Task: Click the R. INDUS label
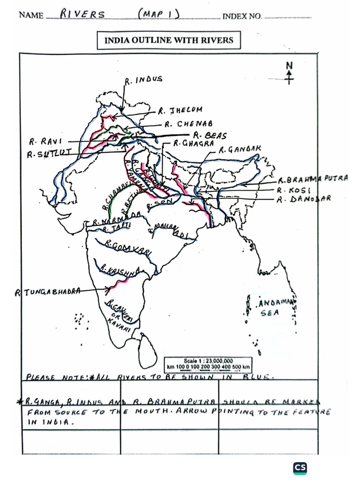pos(144,80)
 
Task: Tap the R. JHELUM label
pos(180,111)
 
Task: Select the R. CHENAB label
pos(188,124)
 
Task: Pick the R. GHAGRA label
pos(194,143)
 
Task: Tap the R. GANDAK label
pos(240,150)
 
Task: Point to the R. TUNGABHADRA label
pos(47,292)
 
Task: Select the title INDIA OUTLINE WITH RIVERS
pos(169,40)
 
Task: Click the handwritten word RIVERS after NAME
pos(83,15)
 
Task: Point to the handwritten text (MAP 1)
pos(158,14)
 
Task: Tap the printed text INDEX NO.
pos(242,16)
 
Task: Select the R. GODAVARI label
pos(128,247)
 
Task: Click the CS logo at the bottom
pos(300,467)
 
